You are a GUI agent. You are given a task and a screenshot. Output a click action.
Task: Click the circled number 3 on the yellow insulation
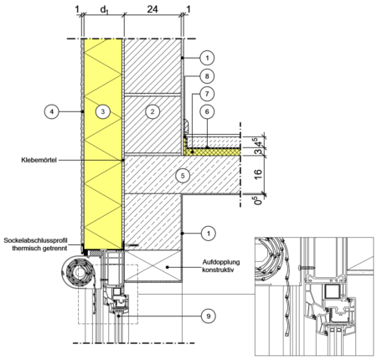coord(103,111)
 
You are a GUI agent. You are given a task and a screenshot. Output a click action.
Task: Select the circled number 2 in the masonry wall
coord(152,111)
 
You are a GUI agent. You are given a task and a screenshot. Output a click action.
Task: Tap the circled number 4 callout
coord(52,111)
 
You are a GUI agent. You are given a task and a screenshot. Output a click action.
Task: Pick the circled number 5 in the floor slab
coord(183,176)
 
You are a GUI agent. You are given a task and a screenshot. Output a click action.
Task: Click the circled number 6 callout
coord(207,111)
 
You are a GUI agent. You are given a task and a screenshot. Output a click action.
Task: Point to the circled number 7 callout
coord(207,94)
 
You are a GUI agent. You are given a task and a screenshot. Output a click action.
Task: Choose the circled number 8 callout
coord(207,76)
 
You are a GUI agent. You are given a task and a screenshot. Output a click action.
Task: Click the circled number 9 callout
coord(209,316)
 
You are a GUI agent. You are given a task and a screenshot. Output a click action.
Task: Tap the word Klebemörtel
coord(39,160)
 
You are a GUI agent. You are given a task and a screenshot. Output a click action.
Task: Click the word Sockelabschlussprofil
coord(35,240)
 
